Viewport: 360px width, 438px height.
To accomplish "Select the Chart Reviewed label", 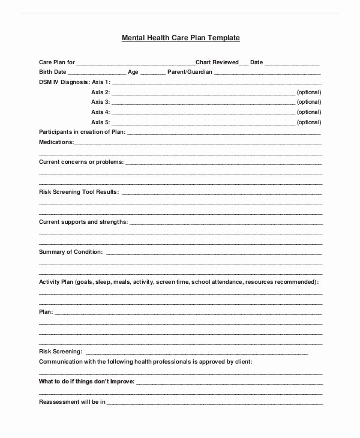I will coord(212,62).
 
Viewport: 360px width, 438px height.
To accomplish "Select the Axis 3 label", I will coord(100,102).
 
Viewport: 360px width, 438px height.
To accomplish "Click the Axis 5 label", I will coord(100,122).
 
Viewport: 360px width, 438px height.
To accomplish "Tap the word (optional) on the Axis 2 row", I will coord(310,92).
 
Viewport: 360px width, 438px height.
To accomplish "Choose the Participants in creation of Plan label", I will coord(82,131).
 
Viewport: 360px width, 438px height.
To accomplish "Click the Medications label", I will coord(56,142).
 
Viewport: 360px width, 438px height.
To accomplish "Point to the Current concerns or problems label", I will coord(81,162).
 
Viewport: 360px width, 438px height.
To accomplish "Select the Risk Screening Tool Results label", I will coord(79,192).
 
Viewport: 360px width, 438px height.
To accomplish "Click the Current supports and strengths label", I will coord(83,222).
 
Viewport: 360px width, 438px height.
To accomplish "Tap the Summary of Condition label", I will coord(71,251).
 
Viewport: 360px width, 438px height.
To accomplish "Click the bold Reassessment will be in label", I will coord(72,401).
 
